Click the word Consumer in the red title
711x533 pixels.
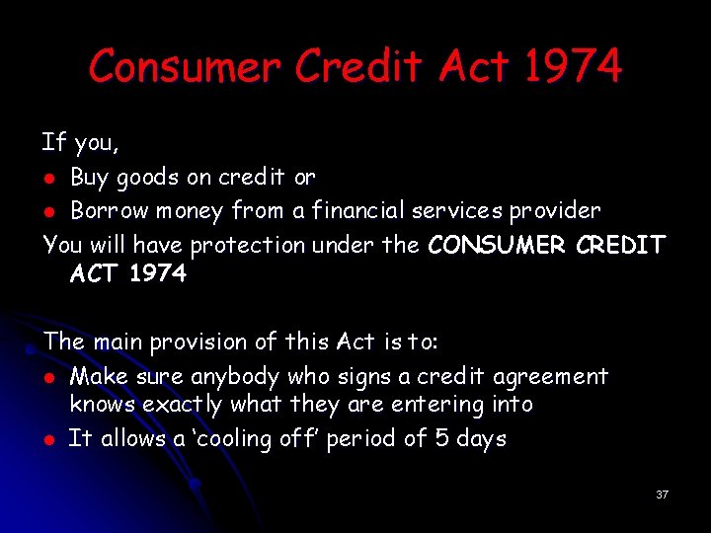184,67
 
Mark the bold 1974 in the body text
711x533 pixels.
157,274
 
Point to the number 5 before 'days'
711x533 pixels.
442,438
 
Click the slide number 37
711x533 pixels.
662,495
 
